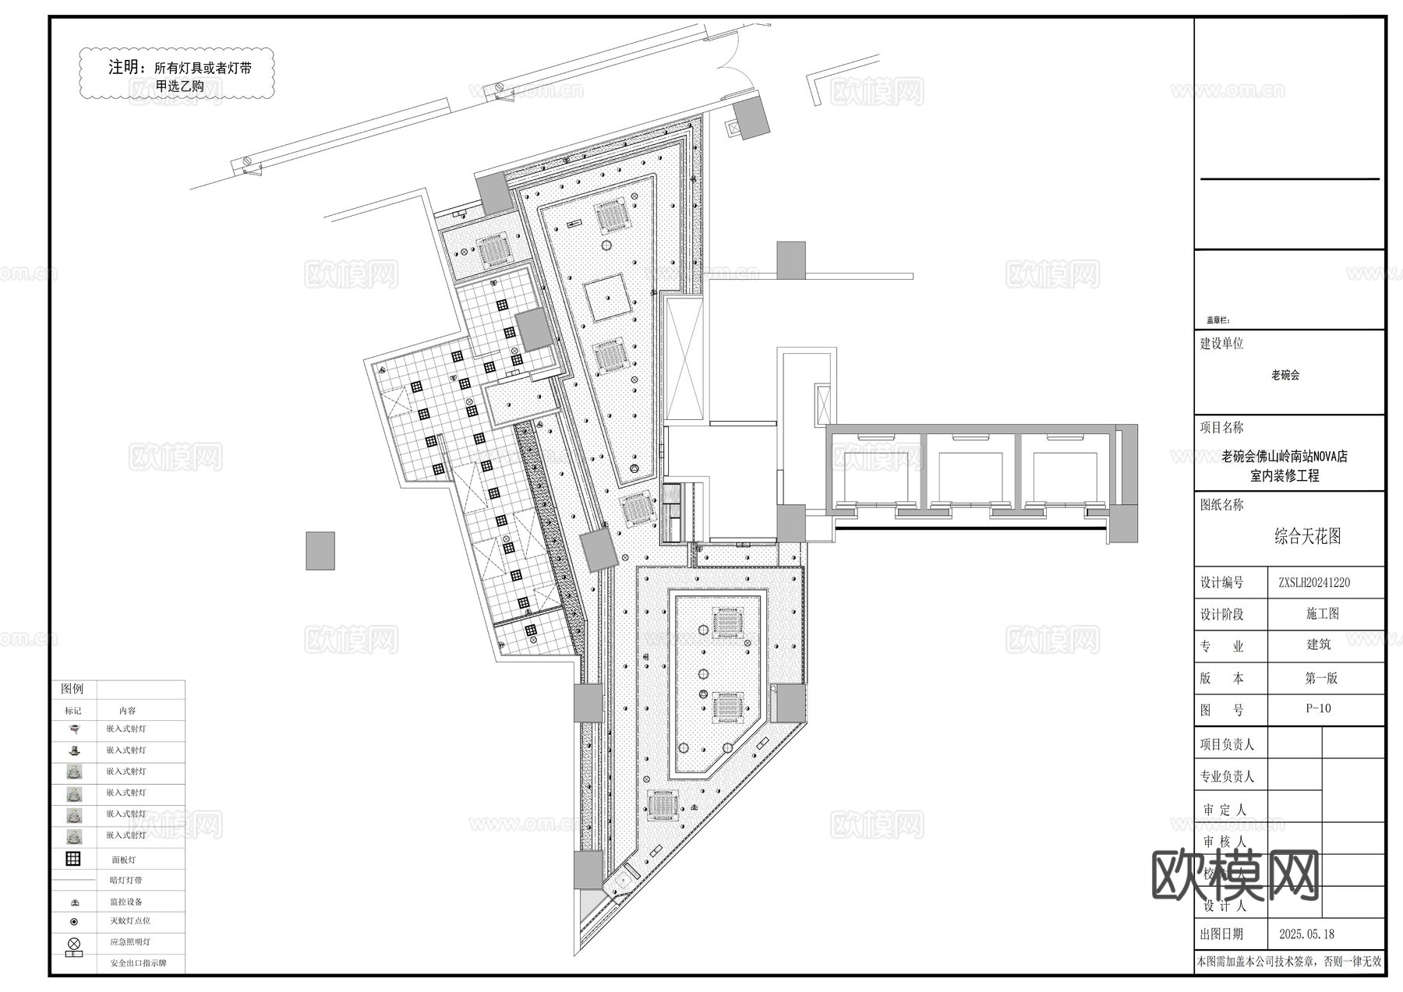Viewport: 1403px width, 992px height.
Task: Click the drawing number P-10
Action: pos(1318,708)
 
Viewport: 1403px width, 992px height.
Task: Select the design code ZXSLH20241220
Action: pos(1314,582)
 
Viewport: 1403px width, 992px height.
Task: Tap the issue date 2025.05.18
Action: pos(1306,934)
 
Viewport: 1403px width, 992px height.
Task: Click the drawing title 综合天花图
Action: pos(1307,536)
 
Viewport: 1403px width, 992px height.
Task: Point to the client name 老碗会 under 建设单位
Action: pos(1285,375)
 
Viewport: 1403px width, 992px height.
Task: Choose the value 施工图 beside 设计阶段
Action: pos(1322,614)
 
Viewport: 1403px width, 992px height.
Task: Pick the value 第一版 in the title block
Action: pos(1321,678)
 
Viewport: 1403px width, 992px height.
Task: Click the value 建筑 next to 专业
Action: pos(1319,644)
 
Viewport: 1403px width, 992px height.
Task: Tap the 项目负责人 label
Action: pos(1227,744)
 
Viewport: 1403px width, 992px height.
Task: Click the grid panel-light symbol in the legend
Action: pos(73,859)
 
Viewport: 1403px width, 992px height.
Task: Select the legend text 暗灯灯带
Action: pos(126,881)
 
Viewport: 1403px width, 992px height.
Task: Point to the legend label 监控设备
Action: pos(126,902)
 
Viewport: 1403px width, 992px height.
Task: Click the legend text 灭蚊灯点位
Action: pos(129,921)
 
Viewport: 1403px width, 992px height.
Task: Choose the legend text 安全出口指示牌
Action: pos(138,963)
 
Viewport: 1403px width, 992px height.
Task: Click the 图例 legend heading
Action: pos(72,689)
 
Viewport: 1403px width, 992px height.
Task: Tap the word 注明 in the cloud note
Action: pos(125,67)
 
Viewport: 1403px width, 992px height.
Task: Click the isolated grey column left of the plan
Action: pos(320,551)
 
